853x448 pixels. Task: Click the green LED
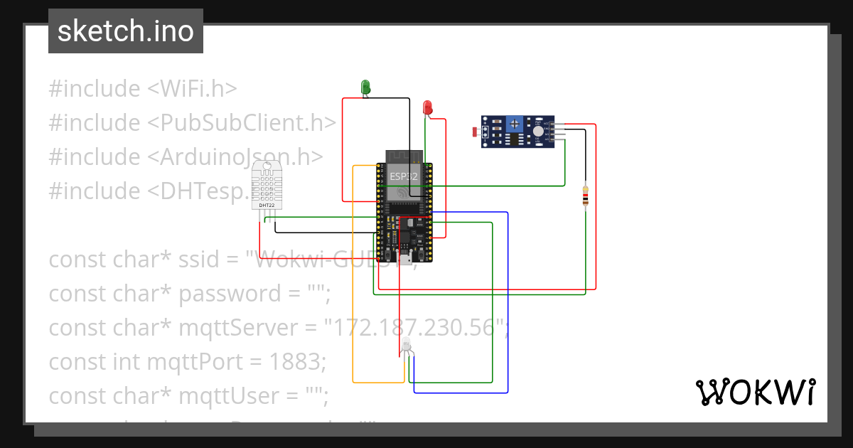(365, 87)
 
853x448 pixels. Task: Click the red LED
(427, 107)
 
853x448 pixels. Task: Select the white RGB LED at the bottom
(406, 346)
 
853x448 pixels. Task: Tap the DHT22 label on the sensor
(267, 206)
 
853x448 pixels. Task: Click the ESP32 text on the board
(402, 175)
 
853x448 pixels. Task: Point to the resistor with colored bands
(585, 196)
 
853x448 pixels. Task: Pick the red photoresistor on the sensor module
(476, 132)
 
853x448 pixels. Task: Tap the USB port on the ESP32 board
(404, 258)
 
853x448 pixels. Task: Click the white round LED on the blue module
(538, 131)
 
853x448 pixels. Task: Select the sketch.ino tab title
(126, 31)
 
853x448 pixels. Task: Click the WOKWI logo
(755, 392)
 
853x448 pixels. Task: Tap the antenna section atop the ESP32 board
(404, 156)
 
